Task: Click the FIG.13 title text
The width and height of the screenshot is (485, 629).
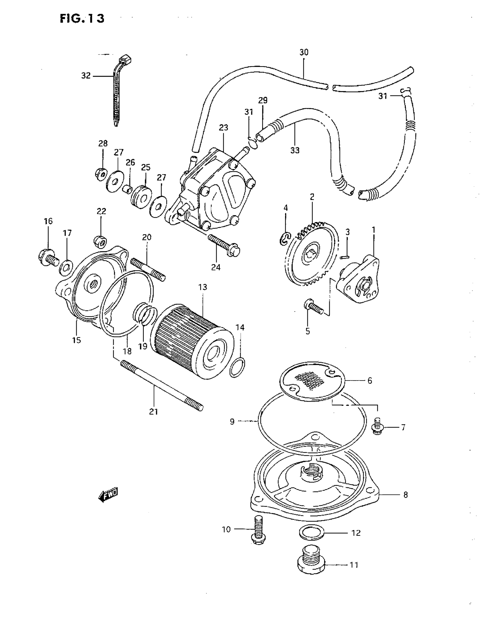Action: point(82,19)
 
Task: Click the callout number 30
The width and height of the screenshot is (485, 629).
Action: point(304,52)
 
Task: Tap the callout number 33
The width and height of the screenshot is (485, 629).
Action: point(295,150)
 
